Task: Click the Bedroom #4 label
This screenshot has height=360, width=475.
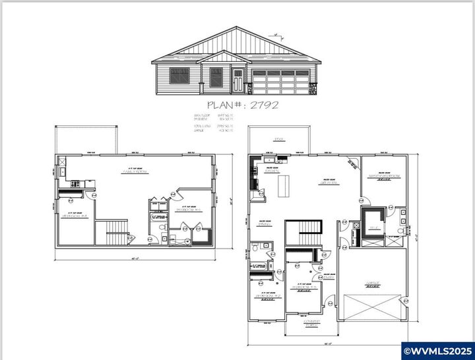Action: (x=74, y=215)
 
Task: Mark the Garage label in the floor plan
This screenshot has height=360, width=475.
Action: (x=373, y=285)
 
